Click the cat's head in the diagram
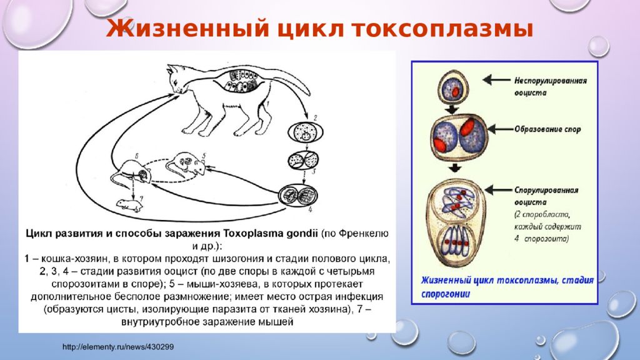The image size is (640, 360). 179,82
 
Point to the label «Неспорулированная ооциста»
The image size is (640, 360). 550,86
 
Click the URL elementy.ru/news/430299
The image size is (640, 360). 118,346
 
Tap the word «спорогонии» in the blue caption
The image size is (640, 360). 447,292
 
